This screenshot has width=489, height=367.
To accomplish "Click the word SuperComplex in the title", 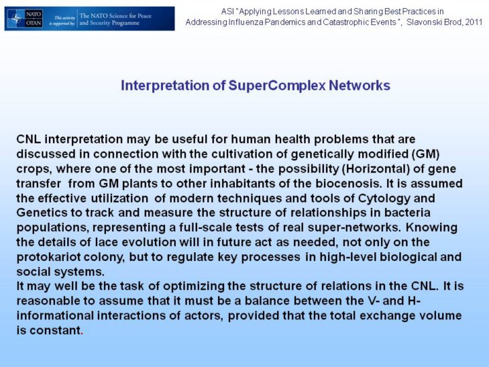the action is coord(277,86).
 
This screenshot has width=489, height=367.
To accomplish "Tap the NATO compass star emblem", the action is coord(16,19).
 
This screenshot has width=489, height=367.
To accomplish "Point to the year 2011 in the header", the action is coord(474,22).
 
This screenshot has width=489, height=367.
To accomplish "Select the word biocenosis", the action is coord(348,183).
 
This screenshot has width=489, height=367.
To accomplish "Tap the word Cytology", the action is coord(384,198).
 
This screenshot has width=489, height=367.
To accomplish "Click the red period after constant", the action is coord(82,334).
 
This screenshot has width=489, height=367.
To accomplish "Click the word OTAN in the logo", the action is coord(34,23).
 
